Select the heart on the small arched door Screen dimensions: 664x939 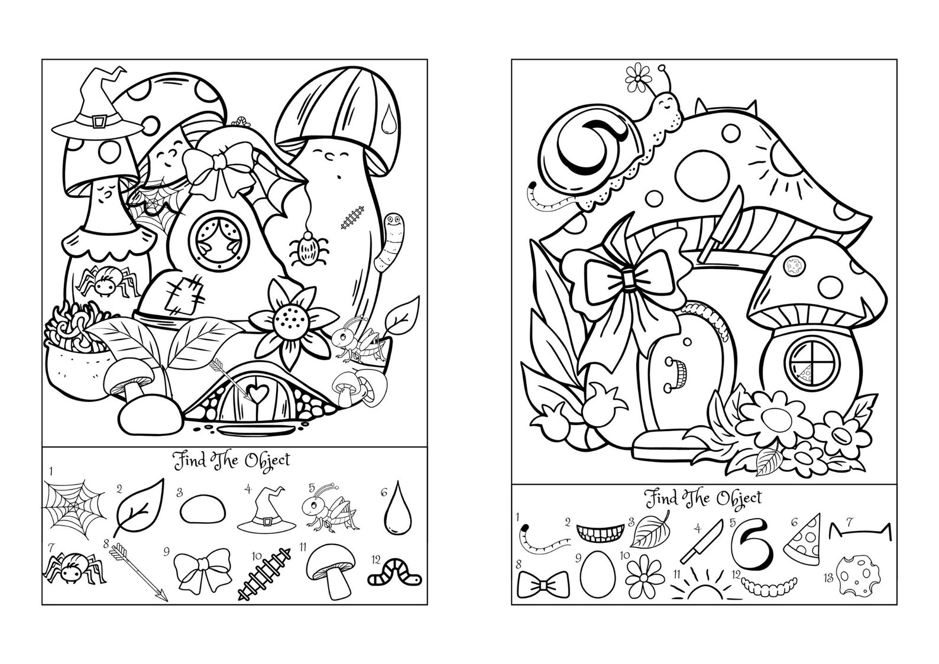[255, 391]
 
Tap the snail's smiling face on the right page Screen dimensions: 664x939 [669, 102]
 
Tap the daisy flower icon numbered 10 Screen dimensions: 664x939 [642, 574]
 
